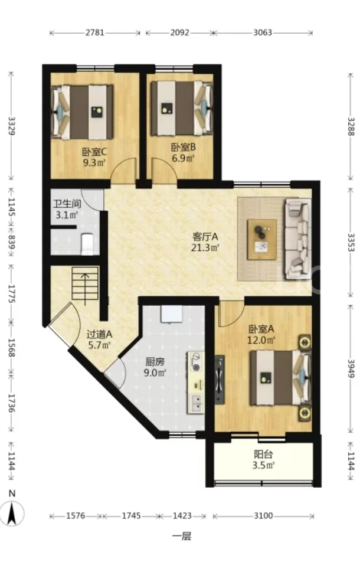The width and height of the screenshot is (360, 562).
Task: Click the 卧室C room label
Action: (94, 152)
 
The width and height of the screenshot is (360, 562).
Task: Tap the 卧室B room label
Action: (183, 147)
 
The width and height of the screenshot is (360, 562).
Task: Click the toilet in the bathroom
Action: (87, 243)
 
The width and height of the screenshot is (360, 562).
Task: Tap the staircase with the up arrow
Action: (85, 284)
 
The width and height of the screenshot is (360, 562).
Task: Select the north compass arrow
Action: (12, 513)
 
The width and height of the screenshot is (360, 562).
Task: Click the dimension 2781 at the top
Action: (94, 32)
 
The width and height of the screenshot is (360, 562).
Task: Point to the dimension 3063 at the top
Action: (263, 32)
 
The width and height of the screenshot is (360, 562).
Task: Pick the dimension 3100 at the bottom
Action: (263, 516)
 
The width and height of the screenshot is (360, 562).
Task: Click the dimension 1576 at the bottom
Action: (76, 516)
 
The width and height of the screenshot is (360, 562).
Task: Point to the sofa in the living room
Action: (297, 239)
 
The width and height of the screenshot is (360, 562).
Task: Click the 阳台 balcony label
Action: (263, 455)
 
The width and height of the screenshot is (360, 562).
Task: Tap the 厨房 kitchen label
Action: (155, 362)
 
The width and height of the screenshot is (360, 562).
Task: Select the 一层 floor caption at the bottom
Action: (182, 536)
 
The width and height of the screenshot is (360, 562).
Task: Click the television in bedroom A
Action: (219, 380)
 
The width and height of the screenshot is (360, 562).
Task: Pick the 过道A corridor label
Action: (100, 334)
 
